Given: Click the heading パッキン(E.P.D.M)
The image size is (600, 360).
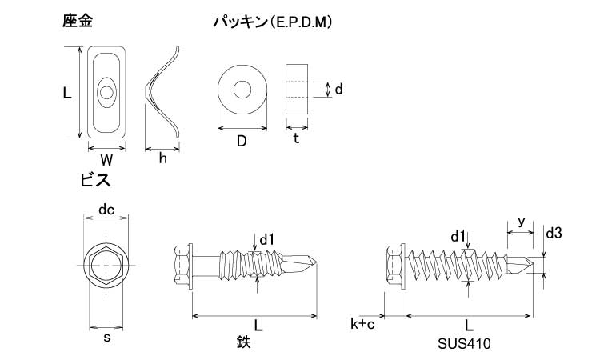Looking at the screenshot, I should click(x=272, y=23).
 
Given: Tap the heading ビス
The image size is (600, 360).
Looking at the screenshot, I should click(x=95, y=180).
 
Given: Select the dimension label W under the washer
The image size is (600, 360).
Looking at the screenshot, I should click(x=106, y=159).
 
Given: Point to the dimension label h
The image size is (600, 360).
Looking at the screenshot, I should click(x=162, y=158).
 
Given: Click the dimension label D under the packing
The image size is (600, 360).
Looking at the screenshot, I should click(x=241, y=142).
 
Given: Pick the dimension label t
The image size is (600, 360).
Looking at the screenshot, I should click(x=296, y=138).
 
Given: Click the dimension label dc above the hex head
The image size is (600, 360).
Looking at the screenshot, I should click(x=106, y=210).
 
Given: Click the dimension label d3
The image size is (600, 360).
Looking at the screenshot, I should click(x=554, y=234).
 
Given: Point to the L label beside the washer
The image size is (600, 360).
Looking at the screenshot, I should click(x=67, y=93).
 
